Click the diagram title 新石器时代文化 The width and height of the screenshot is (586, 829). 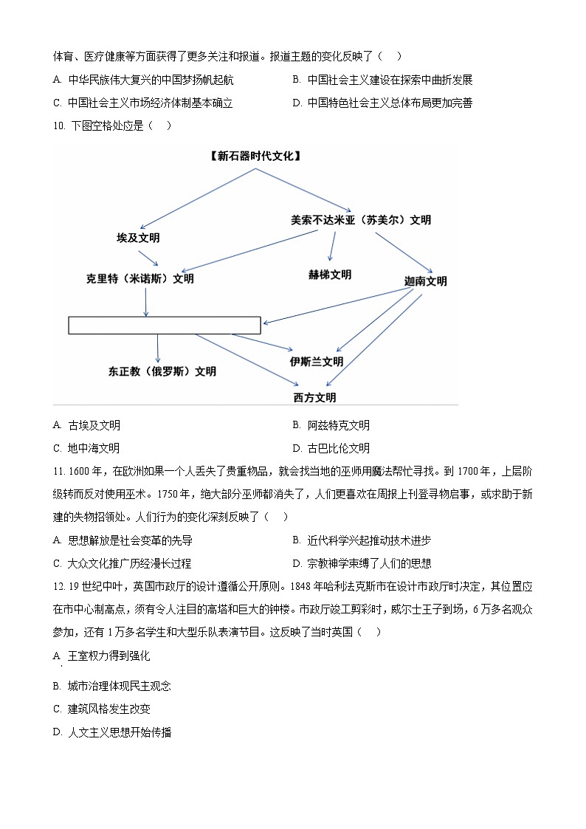tap(255, 155)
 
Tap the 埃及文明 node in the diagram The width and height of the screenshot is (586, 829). tap(138, 238)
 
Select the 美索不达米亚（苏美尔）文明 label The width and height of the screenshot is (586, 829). tap(361, 220)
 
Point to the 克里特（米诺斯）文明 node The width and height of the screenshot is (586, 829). tap(140, 278)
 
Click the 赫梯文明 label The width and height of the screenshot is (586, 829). tap(330, 275)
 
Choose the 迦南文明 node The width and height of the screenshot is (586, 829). tap(426, 281)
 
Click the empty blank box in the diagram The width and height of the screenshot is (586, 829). tap(165, 325)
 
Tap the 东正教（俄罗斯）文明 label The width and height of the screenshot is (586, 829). tap(162, 371)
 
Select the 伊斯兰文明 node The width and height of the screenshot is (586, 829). tap(317, 362)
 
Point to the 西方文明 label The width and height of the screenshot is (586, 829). tap(314, 397)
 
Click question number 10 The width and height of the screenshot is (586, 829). tap(60, 125)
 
